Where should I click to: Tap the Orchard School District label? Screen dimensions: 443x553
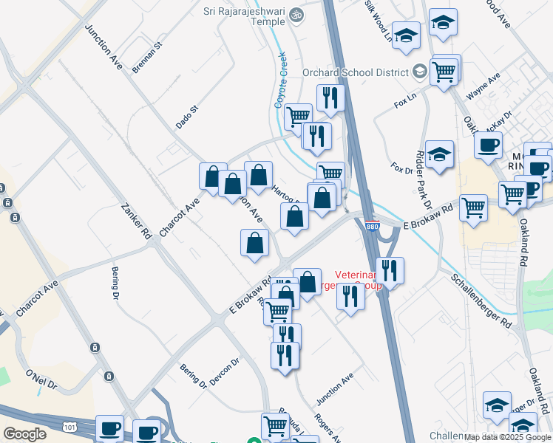(x=356, y=72)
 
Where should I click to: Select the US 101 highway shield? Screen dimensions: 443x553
(x=69, y=427)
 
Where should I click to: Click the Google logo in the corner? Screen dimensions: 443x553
(x=24, y=434)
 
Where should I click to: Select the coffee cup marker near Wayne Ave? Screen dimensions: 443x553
(x=488, y=146)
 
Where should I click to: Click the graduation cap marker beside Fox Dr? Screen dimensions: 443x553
(x=439, y=155)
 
